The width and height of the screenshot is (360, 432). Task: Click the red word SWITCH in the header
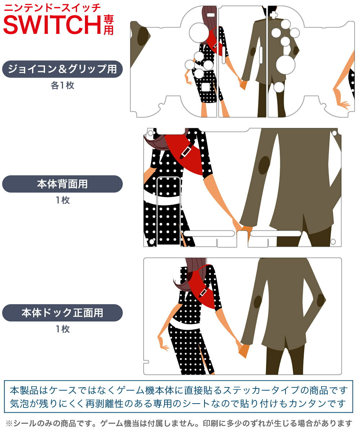(x=52, y=24)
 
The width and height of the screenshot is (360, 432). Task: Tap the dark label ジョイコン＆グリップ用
(x=62, y=69)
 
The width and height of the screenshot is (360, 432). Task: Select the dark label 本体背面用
(x=62, y=184)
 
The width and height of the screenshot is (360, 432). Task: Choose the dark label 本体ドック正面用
(x=62, y=312)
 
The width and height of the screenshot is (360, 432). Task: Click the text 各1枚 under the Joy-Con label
(x=63, y=85)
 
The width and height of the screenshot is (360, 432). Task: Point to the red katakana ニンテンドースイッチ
(x=52, y=8)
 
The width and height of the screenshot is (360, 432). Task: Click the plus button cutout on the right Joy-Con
(x=274, y=15)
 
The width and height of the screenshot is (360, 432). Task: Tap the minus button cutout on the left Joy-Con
(x=211, y=15)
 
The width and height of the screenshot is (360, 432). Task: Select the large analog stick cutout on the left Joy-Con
(x=199, y=32)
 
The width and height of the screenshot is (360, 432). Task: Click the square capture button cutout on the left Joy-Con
(x=206, y=87)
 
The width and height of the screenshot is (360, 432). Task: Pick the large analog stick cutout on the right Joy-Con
(x=285, y=64)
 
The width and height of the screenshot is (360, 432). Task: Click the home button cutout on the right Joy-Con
(x=279, y=87)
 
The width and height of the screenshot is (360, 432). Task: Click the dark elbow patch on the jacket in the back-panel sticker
(x=264, y=165)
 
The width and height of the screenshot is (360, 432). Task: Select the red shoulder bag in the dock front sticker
(x=204, y=287)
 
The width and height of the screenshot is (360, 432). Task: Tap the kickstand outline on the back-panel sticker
(x=168, y=211)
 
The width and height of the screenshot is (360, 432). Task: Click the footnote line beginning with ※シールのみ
(x=179, y=423)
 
